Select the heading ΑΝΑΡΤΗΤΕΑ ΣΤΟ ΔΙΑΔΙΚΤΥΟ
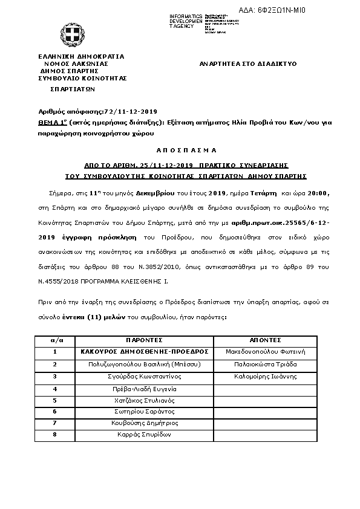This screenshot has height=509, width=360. click(248, 63)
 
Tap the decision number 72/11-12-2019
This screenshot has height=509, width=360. click(131, 112)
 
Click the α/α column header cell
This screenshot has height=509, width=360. click(54, 340)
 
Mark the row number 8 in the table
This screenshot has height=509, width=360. click(54, 435)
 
